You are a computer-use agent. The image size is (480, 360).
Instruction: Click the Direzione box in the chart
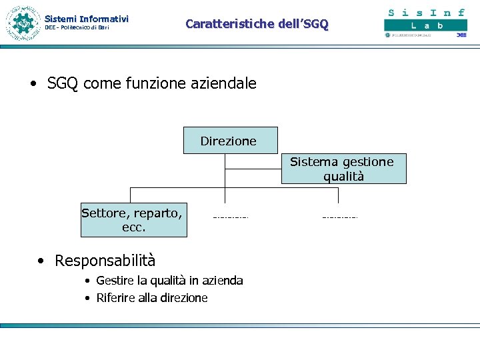click(x=229, y=141)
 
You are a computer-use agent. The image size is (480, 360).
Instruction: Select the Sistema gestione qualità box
click(x=343, y=169)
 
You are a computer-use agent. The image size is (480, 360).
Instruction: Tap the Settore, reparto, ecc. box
click(x=133, y=220)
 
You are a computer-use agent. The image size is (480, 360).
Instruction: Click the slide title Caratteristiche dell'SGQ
click(x=257, y=24)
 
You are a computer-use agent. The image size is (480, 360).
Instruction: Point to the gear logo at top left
click(x=23, y=23)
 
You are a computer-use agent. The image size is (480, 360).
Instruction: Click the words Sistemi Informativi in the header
click(x=86, y=19)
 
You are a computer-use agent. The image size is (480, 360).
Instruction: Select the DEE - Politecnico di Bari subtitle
click(x=77, y=28)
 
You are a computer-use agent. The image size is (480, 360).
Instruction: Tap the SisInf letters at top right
click(x=426, y=12)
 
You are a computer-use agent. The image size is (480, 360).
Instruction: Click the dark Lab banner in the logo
click(x=425, y=25)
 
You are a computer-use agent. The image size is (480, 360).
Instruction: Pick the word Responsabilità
click(x=105, y=260)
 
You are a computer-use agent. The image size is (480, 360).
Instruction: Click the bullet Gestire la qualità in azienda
click(x=169, y=281)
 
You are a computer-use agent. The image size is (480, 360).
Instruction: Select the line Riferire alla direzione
click(x=152, y=298)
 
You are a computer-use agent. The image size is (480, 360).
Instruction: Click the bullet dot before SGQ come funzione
click(x=33, y=84)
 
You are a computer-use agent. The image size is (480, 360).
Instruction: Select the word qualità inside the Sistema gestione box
click(x=343, y=177)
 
